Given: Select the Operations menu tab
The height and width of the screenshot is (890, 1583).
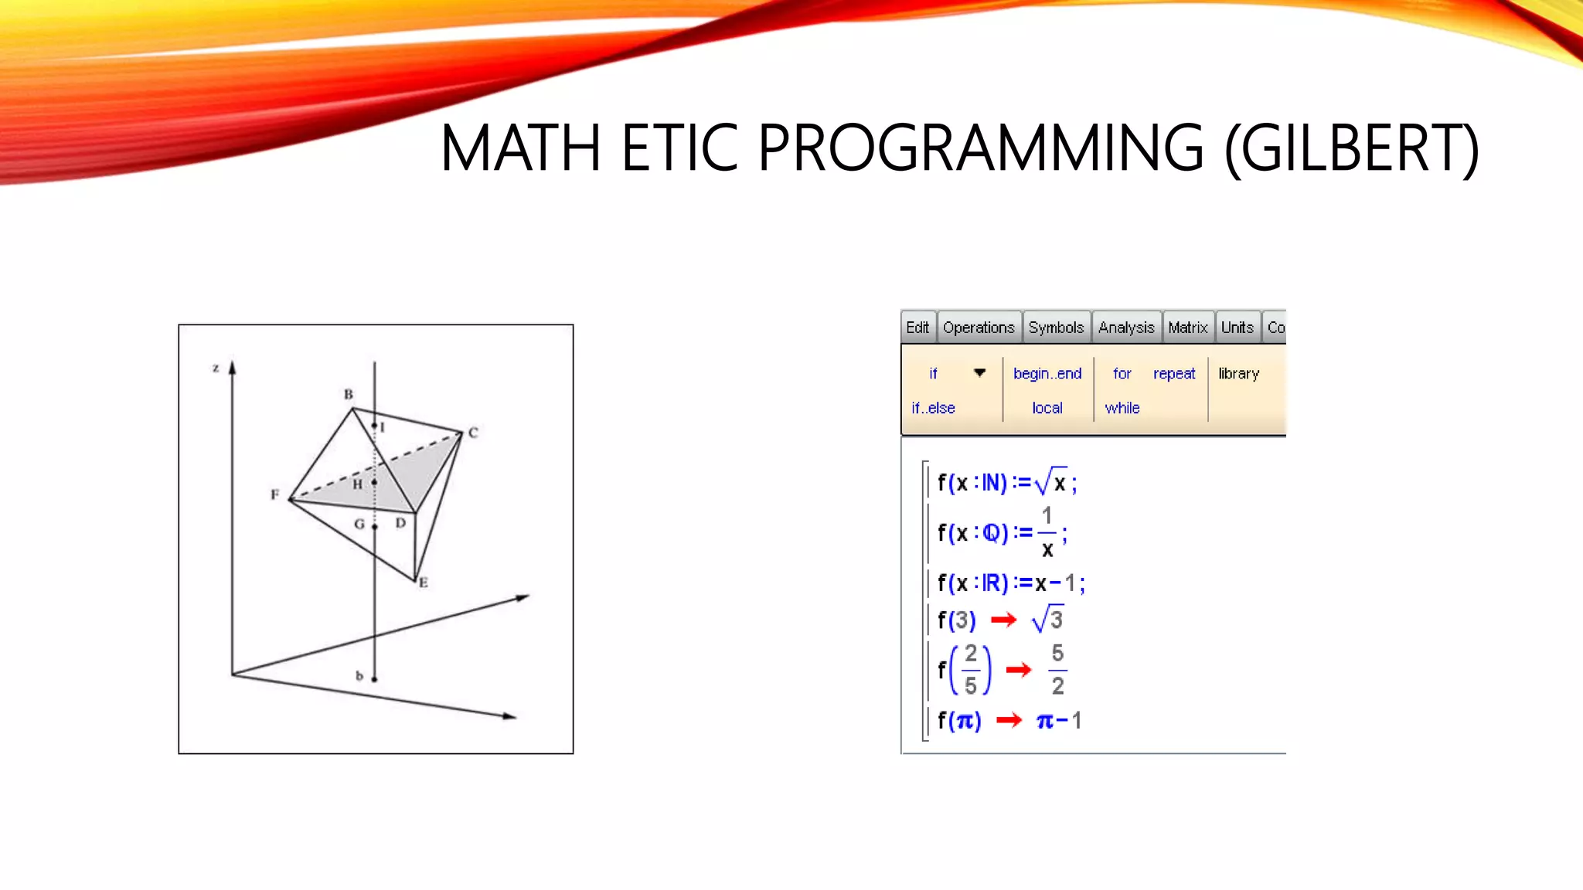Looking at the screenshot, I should pyautogui.click(x=978, y=328).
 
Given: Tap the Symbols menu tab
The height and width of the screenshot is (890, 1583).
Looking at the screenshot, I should pyautogui.click(x=1056, y=328).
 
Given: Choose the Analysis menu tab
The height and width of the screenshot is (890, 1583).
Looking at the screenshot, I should pyautogui.click(x=1125, y=328).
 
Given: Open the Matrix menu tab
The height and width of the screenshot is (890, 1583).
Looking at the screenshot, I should pyautogui.click(x=1187, y=328).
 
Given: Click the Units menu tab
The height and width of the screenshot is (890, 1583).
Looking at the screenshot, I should pyautogui.click(x=1237, y=328).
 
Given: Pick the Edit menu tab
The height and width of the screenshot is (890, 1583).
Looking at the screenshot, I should pyautogui.click(x=917, y=328).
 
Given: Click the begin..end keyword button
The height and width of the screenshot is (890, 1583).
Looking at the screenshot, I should pyautogui.click(x=1047, y=374).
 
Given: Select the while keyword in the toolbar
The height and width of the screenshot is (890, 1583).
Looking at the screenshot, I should pyautogui.click(x=1122, y=408).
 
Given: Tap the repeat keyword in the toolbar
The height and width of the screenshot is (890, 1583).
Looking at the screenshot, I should pyautogui.click(x=1173, y=374).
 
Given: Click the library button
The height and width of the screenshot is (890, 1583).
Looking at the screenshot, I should pyautogui.click(x=1238, y=374).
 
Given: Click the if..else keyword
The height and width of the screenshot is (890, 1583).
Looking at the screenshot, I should pyautogui.click(x=933, y=408).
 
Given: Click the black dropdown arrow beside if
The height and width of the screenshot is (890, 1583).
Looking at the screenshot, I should pyautogui.click(x=979, y=373).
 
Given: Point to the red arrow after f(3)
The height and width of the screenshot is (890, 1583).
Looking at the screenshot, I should pyautogui.click(x=1003, y=620).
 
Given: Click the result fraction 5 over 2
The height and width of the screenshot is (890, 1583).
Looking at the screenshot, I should pyautogui.click(x=1057, y=669).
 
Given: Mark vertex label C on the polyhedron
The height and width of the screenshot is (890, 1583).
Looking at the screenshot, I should pyautogui.click(x=473, y=433).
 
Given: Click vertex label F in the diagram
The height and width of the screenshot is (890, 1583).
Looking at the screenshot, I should pyautogui.click(x=274, y=494).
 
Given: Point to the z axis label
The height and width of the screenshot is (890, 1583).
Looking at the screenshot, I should pyautogui.click(x=216, y=369).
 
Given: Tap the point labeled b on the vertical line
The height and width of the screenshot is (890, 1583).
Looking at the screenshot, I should pyautogui.click(x=374, y=679).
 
